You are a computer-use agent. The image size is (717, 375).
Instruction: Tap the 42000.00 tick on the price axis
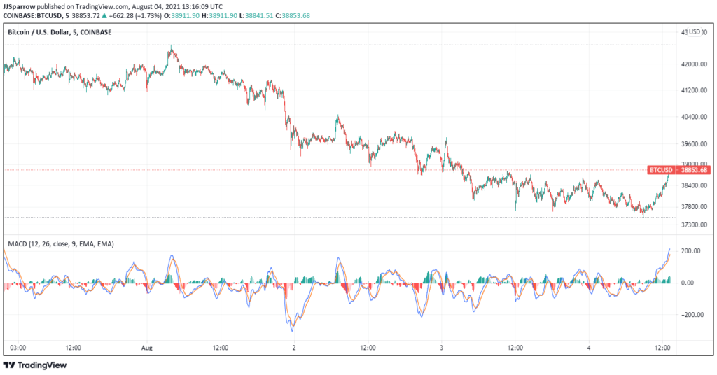(694, 64)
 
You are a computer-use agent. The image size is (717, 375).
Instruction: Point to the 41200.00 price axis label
(694, 90)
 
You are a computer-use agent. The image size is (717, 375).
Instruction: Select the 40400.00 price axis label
(694, 117)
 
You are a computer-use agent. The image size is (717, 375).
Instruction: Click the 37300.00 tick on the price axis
(694, 225)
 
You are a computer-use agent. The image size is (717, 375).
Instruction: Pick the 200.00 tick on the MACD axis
(690, 250)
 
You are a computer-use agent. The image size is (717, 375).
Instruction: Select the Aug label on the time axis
(147, 348)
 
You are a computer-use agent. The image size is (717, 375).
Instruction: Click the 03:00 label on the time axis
(18, 348)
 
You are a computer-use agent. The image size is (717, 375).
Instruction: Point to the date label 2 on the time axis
(294, 348)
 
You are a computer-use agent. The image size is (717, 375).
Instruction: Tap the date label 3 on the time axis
(441, 348)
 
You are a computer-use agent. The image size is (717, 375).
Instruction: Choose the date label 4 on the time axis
(589, 348)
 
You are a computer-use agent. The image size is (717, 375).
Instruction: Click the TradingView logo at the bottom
(35, 365)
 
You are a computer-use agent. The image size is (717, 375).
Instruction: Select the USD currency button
(695, 32)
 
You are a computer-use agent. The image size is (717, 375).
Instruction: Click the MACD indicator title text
(62, 244)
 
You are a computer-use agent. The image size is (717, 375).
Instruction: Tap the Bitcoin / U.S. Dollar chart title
(60, 32)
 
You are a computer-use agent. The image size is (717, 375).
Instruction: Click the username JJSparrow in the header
(19, 7)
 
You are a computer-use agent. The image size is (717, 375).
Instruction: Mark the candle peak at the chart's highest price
(171, 45)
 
